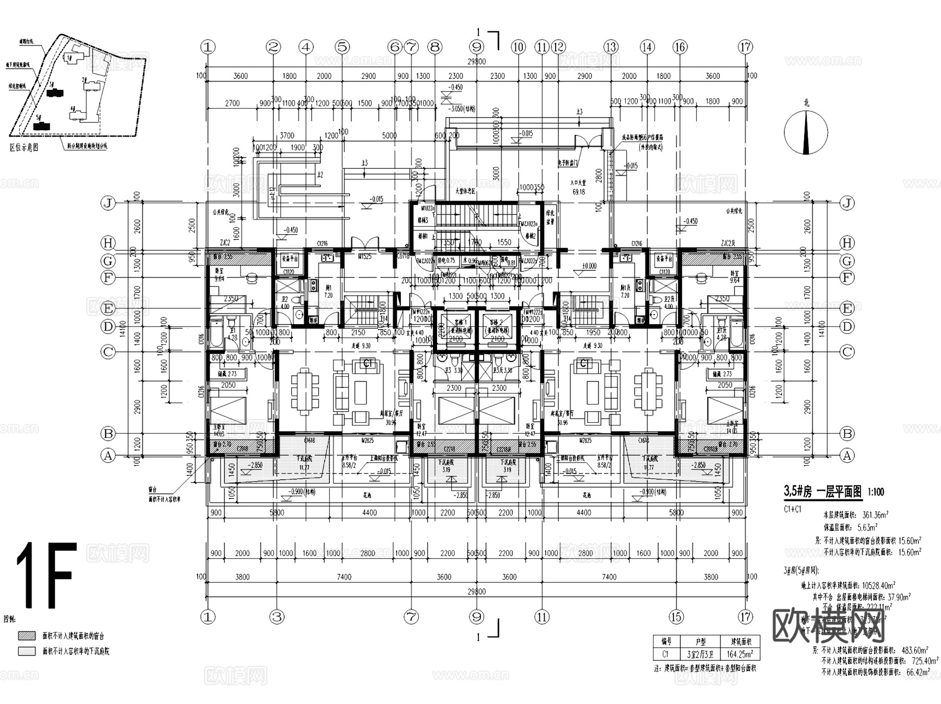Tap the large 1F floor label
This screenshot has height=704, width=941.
(46, 575)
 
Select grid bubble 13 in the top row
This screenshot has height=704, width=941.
(611, 47)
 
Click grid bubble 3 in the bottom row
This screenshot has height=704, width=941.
(277, 617)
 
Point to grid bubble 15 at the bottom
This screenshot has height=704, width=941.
(676, 617)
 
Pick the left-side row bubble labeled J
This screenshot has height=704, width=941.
(108, 203)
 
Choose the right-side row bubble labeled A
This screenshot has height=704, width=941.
(847, 455)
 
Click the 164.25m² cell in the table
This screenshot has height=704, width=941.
(740, 654)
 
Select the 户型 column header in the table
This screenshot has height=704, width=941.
(700, 641)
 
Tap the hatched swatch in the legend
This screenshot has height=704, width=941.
(27, 636)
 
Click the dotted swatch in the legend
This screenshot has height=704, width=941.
(27, 651)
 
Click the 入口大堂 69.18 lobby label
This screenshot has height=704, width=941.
(579, 188)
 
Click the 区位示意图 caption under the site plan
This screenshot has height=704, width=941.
(24, 147)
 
